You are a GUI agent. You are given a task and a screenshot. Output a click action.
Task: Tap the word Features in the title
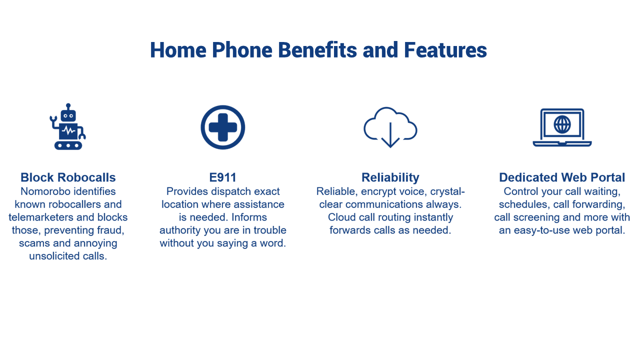coord(445,50)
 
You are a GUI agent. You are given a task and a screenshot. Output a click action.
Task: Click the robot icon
coord(68,126)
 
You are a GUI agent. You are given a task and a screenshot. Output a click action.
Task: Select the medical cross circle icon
coord(223,127)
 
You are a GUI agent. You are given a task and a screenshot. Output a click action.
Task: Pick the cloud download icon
coord(390,127)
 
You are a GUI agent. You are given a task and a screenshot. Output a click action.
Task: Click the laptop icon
coord(562,127)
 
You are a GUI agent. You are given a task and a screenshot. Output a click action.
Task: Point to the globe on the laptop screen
coord(562,124)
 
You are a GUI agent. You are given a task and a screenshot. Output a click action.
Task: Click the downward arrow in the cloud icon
coord(390,135)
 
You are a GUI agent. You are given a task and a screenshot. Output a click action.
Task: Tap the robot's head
coord(68,115)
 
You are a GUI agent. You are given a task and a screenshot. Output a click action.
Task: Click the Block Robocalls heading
coord(68,177)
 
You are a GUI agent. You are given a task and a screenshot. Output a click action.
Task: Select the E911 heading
coord(223,177)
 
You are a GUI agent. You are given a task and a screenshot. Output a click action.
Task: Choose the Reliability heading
coord(390,177)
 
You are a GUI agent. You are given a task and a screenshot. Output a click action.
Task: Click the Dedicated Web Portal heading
coord(562,177)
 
